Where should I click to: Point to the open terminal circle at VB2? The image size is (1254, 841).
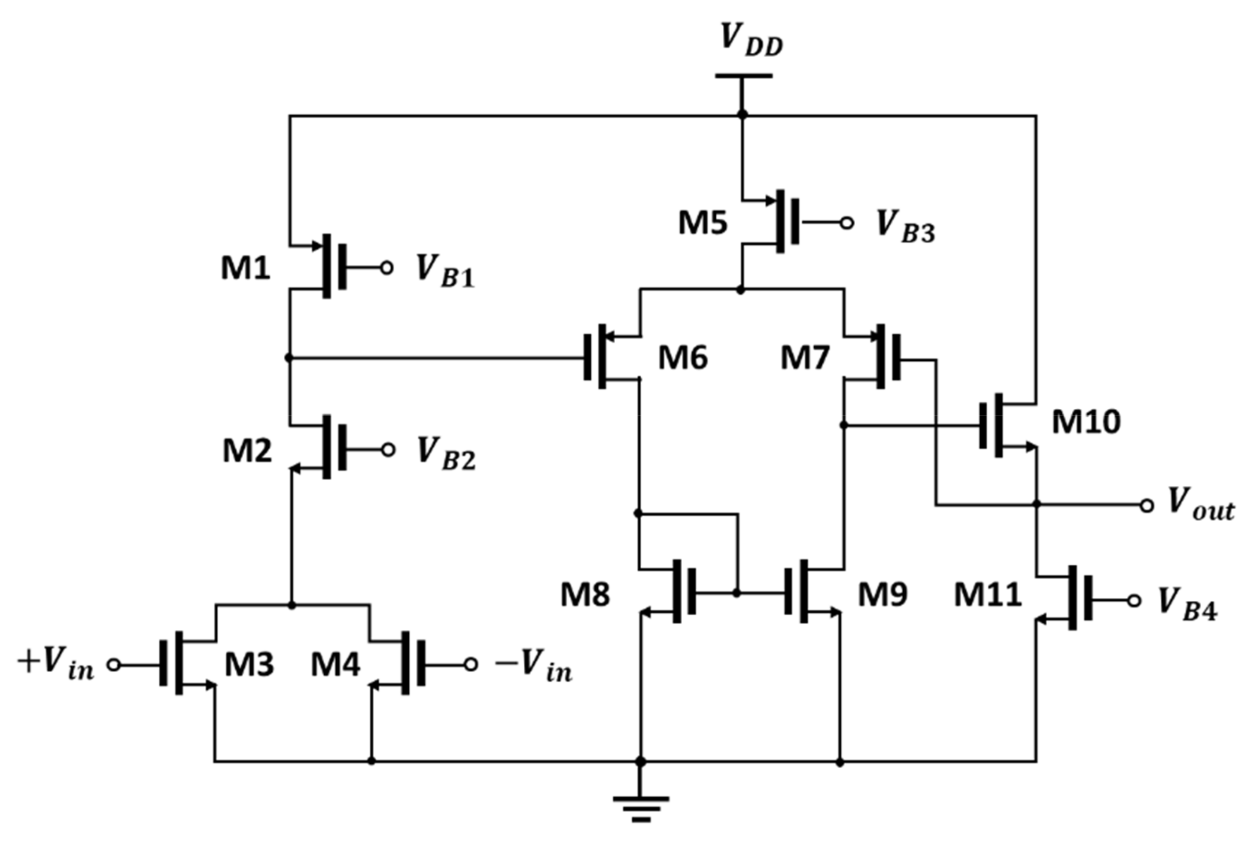tap(388, 449)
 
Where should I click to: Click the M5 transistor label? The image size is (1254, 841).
tap(703, 223)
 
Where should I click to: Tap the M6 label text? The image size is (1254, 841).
tap(683, 357)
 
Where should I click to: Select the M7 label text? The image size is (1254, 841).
tap(805, 357)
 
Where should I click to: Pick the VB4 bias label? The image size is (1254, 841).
tap(1188, 605)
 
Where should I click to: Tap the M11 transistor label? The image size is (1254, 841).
tap(987, 595)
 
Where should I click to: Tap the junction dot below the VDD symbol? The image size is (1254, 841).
tap(742, 114)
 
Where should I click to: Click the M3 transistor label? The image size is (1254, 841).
tap(249, 665)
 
